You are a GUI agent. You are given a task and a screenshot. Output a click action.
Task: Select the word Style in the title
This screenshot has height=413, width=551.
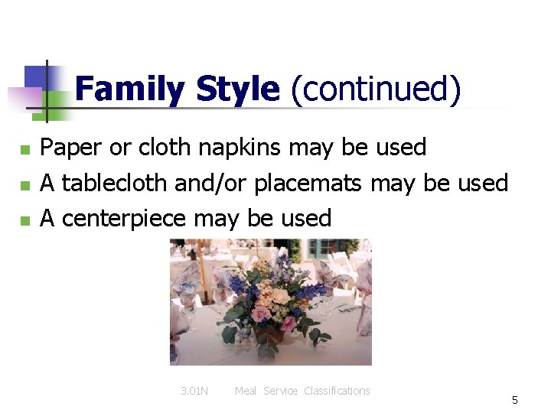tap(237, 90)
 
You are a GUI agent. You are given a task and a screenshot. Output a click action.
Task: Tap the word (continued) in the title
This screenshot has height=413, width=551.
tap(375, 90)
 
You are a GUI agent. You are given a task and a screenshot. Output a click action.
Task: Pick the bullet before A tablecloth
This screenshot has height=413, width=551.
tap(25, 185)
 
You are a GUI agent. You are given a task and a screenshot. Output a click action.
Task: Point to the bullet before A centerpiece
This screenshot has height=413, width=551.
tap(25, 220)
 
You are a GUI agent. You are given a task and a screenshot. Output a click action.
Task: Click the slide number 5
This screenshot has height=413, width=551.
tap(515, 400)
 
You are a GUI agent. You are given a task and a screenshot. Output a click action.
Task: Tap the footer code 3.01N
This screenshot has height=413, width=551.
tap(194, 391)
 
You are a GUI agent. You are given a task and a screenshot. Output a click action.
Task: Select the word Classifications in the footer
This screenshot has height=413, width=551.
tap(337, 391)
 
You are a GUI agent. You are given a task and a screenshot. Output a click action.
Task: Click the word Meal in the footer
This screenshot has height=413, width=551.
tap(246, 391)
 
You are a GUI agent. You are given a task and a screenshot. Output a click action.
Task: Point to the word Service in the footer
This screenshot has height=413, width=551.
tap(281, 391)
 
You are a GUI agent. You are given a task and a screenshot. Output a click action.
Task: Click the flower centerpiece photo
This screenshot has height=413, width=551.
tap(270, 301)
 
